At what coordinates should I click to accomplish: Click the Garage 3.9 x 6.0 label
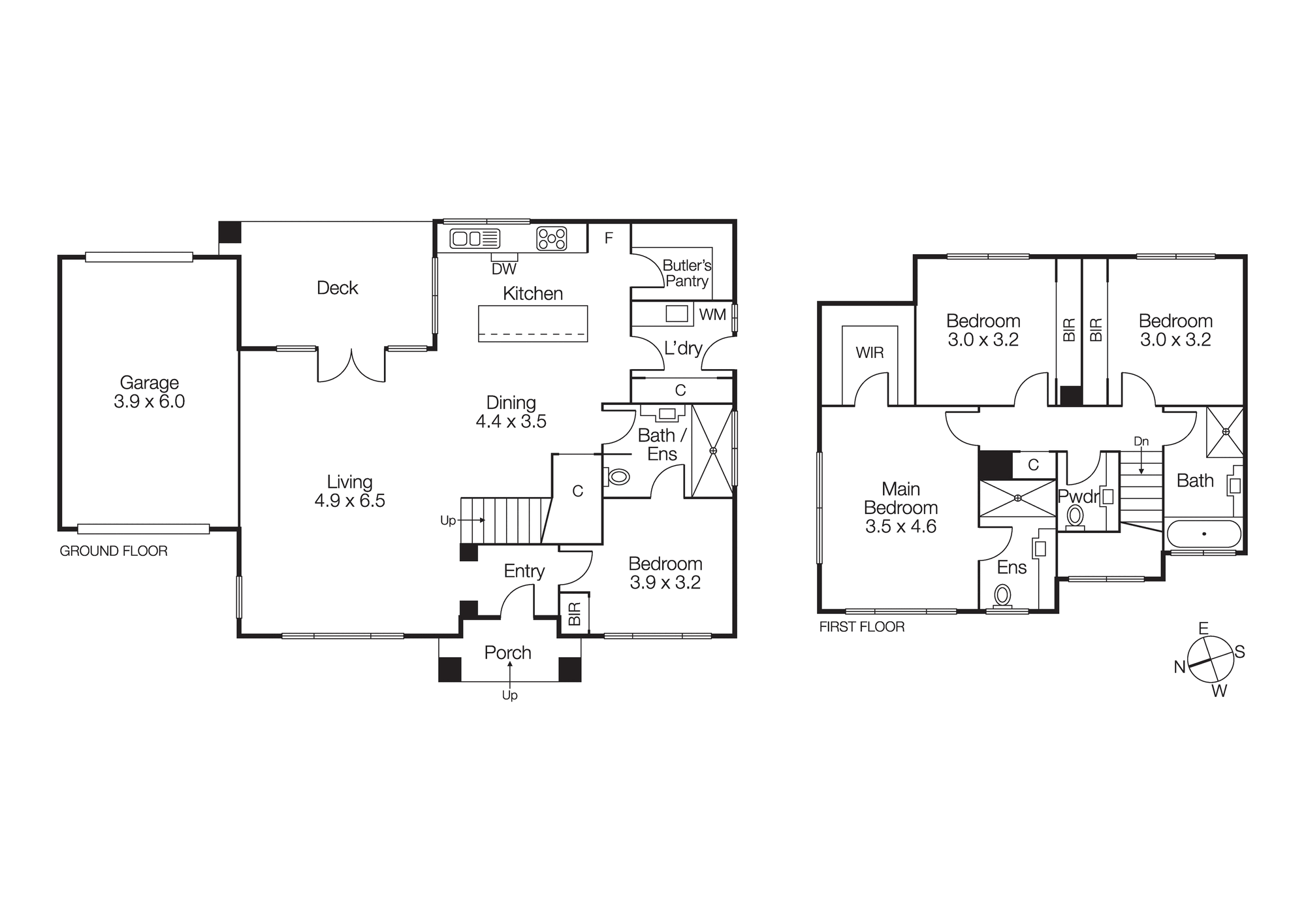point(149,392)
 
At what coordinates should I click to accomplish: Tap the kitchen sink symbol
point(475,238)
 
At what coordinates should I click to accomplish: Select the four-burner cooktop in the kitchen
point(552,238)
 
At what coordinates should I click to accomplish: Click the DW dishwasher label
point(504,269)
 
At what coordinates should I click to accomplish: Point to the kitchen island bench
point(533,323)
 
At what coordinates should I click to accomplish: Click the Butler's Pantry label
point(687,273)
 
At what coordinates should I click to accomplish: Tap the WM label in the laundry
point(712,315)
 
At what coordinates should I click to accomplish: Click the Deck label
point(337,288)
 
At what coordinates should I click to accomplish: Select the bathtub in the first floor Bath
point(1203,534)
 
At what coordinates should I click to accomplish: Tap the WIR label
point(870,353)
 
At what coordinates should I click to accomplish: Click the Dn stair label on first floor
point(1141,442)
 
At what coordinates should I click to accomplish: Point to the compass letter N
point(1179,667)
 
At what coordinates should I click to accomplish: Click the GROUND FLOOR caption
point(114,551)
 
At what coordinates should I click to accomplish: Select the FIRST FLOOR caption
point(862,627)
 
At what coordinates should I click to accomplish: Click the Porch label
point(507,653)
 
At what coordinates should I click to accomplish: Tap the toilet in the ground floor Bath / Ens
point(618,477)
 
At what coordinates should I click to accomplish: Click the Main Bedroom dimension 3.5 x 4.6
point(900,526)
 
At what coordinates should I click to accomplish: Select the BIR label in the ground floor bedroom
point(575,613)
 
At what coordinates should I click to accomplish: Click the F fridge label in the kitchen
point(609,238)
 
